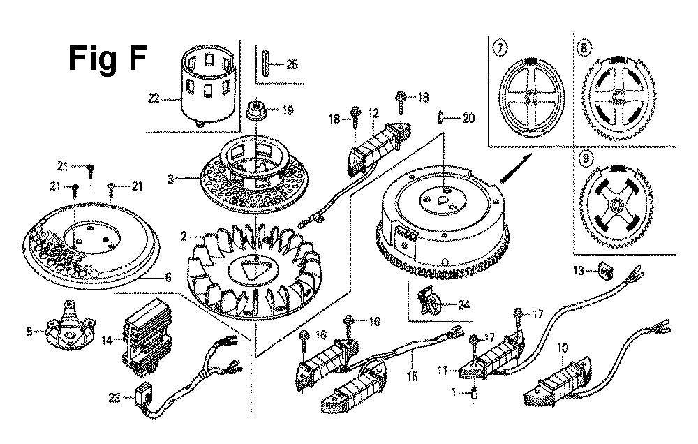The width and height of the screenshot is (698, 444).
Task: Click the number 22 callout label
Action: coord(154,98)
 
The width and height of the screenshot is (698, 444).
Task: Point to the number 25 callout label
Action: coord(292,65)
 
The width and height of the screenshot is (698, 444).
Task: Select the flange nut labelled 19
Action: coord(255,109)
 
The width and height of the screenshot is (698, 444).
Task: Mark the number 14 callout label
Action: coord(107,340)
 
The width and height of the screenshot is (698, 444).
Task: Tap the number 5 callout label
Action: coord(29,332)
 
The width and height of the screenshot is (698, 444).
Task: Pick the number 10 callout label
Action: coord(563,347)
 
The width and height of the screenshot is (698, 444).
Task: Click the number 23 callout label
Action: coord(114,398)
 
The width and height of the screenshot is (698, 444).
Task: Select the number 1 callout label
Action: coord(454,393)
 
